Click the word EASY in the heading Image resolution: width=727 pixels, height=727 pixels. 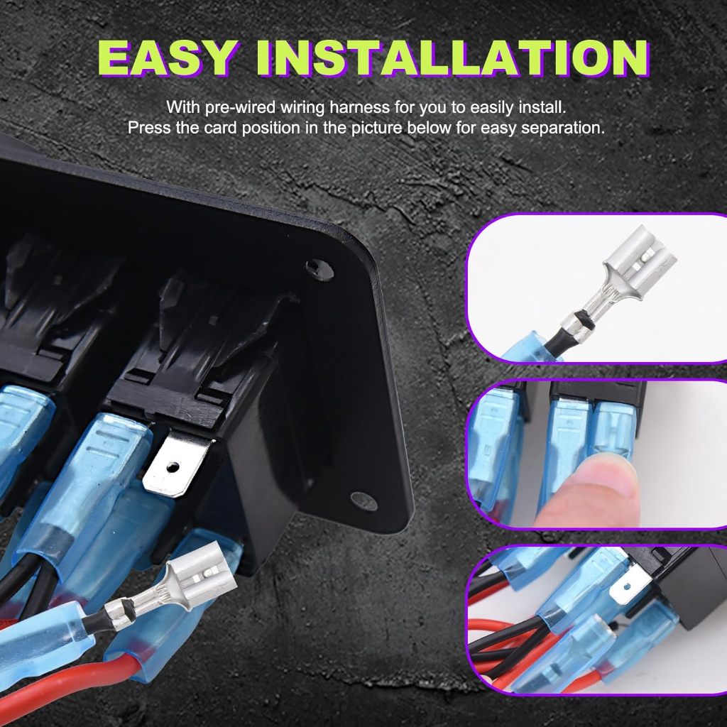click(166, 58)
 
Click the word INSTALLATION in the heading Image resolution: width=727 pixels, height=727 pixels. click(453, 58)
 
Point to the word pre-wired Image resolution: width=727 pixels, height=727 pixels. click(241, 108)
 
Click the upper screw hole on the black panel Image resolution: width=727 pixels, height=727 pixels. click(319, 269)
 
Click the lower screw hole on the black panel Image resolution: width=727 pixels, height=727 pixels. click(364, 500)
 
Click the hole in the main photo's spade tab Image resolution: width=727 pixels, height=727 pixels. click(173, 466)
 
